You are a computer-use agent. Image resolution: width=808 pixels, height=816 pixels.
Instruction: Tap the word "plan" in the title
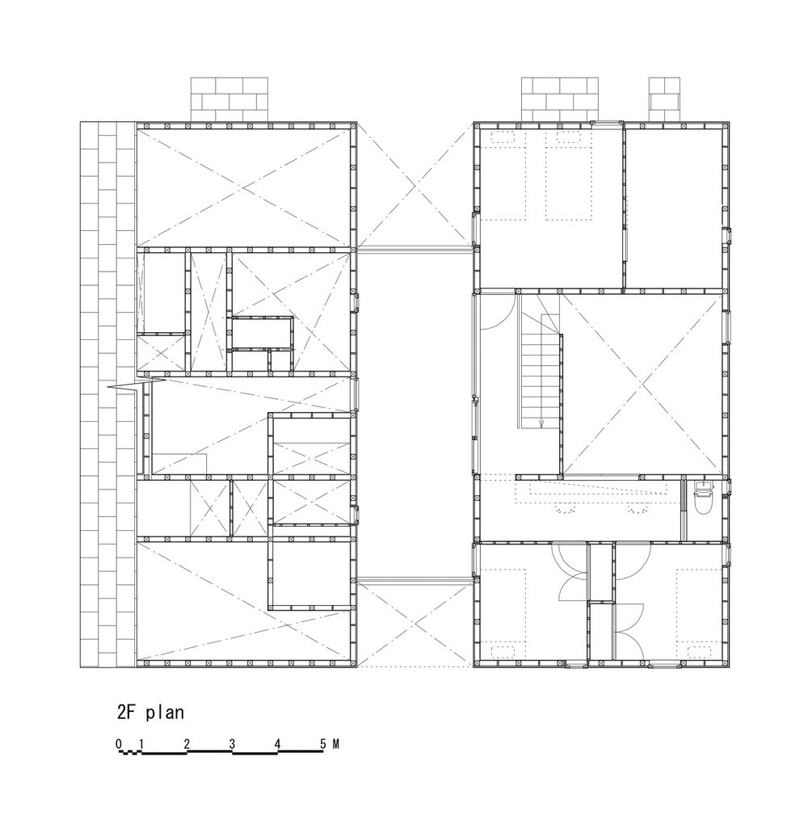[x=165, y=712]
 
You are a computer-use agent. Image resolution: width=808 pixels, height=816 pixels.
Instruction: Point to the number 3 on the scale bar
[x=233, y=743]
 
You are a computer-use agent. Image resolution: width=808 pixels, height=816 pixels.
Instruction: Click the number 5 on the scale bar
[x=323, y=743]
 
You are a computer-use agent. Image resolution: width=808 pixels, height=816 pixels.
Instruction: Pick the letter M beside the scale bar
[x=336, y=743]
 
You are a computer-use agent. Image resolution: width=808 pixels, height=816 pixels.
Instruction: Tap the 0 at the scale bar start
[x=119, y=743]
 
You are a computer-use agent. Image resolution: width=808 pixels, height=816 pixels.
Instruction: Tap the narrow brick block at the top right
[x=664, y=99]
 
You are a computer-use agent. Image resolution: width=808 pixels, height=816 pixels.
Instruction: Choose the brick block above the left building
[x=229, y=99]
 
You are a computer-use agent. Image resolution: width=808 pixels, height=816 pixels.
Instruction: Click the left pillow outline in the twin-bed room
[x=502, y=137]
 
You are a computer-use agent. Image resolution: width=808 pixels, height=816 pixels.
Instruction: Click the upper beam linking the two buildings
[x=415, y=250]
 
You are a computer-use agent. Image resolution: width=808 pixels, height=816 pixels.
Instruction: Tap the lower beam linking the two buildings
[x=415, y=578]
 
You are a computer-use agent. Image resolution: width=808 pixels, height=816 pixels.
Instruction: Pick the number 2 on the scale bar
[x=187, y=743]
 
